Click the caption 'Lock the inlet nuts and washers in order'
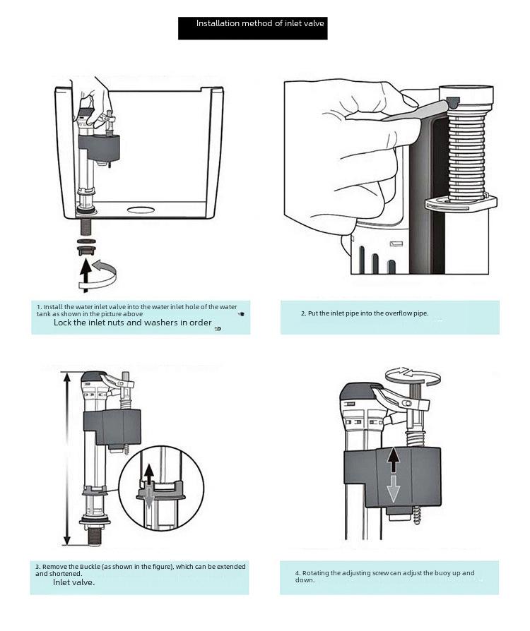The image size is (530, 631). (x=133, y=323)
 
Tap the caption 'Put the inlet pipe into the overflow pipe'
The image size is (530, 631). (x=365, y=313)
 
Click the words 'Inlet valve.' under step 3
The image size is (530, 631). (x=74, y=582)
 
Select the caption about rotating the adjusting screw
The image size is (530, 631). (x=385, y=577)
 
